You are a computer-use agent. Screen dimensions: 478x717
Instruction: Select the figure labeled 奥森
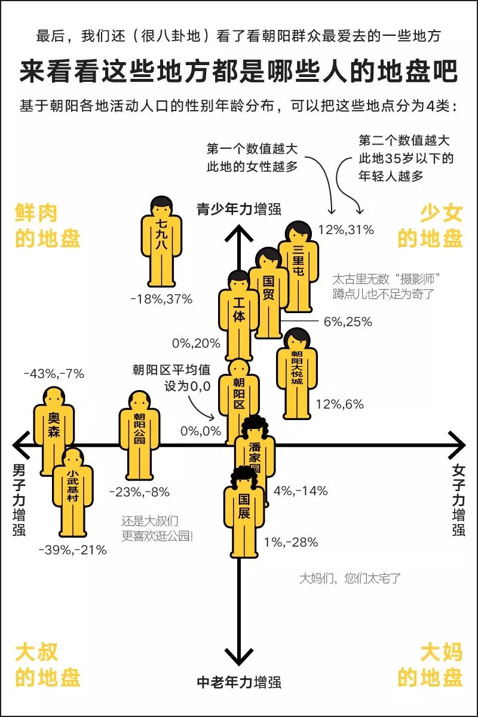pyautogui.click(x=54, y=430)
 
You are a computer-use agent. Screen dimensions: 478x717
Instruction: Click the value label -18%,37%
pyautogui.click(x=161, y=299)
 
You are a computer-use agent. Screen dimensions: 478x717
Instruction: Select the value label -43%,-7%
pyautogui.click(x=54, y=374)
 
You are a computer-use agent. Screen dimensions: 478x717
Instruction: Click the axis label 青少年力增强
pyautogui.click(x=239, y=209)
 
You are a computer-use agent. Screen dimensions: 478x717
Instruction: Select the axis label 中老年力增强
pyautogui.click(x=239, y=682)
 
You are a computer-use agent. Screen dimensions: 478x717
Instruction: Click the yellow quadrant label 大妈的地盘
pyautogui.click(x=430, y=664)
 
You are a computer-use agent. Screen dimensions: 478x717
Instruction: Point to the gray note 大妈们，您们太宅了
pyautogui.click(x=350, y=578)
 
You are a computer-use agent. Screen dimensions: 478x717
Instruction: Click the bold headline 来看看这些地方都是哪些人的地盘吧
pyautogui.click(x=239, y=71)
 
